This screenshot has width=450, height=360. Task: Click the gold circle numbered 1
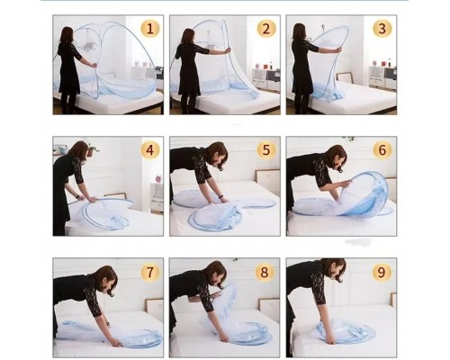[x=150, y=29]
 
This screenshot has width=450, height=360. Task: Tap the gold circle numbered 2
[x=266, y=29]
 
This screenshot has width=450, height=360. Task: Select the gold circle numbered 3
[x=382, y=29]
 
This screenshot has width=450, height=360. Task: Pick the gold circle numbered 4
[x=150, y=150]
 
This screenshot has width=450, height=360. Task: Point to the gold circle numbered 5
[x=266, y=150]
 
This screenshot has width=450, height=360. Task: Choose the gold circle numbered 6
[x=382, y=150]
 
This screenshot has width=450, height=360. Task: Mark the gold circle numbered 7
[x=149, y=273]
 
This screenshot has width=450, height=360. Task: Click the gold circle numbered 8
[x=265, y=273]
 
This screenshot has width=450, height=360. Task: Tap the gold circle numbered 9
[x=381, y=273]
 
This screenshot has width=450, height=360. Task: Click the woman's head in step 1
[x=67, y=35]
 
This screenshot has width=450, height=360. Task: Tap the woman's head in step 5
[x=218, y=155]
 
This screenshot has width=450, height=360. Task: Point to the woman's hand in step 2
[x=229, y=50]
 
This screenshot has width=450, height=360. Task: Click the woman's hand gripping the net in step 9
[x=329, y=340]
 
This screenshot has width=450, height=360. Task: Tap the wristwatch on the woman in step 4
[x=79, y=197]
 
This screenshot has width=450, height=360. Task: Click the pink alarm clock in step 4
[x=158, y=178]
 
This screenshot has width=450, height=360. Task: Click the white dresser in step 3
[x=382, y=77]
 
